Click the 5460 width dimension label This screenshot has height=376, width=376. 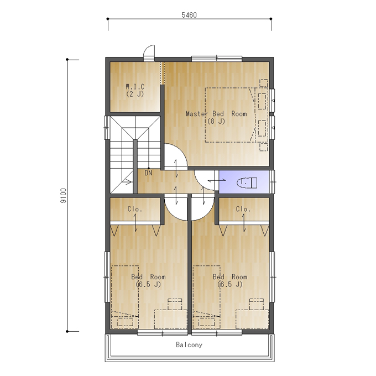189,15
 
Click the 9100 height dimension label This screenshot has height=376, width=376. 63,196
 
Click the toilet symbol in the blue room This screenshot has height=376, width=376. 247,182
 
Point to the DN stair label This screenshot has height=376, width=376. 148,173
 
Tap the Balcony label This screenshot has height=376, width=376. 189,345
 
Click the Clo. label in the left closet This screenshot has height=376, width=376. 135,209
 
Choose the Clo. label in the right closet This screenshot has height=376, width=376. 243,209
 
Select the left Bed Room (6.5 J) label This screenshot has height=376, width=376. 148,280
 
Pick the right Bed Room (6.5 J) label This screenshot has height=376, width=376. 230,280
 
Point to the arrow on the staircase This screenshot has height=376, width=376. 127,182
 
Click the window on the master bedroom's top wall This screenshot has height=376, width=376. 217,58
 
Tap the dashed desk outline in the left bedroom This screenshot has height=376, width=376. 171,320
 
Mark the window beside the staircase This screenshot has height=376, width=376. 107,128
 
